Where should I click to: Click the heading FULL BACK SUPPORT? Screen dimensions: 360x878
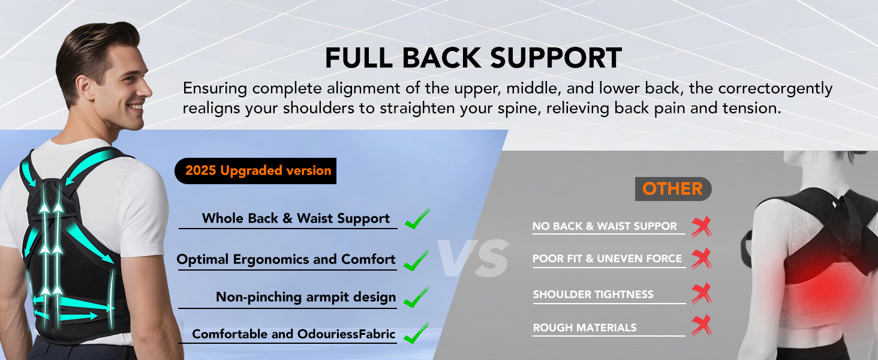473,58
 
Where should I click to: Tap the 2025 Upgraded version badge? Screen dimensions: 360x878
258,170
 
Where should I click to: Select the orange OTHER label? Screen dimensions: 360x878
672,189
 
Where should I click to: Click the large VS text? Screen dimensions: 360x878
473,258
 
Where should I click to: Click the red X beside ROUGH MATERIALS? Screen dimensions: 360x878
700,326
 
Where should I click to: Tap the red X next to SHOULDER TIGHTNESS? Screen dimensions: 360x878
700,293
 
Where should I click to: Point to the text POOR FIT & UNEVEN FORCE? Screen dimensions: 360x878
607,259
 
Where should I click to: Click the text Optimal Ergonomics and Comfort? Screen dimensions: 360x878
286,260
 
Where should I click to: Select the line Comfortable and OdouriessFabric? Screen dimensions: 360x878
294,334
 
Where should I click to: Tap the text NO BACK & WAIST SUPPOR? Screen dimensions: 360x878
605,226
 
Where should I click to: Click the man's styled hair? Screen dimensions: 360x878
90,48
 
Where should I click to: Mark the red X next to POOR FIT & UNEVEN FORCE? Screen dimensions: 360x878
700,259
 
